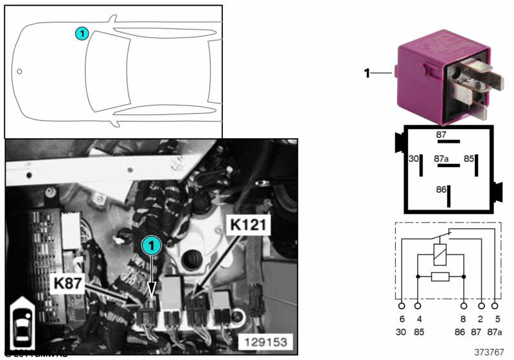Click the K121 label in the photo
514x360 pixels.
click(248, 225)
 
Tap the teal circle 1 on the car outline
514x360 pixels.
click(80, 33)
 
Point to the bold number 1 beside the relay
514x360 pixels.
click(367, 73)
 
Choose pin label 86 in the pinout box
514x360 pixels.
click(440, 190)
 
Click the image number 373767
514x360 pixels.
click(490, 352)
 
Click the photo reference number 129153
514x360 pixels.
click(265, 341)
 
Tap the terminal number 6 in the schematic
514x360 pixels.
click(402, 319)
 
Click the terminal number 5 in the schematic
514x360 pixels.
click(496, 319)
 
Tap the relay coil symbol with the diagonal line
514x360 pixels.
click(441, 254)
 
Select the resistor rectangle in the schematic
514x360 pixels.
click(441, 276)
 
